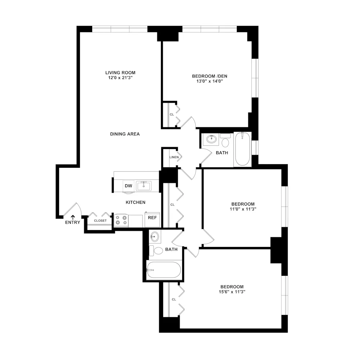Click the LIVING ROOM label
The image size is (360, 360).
(x=120, y=72)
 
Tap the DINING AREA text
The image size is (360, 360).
(x=125, y=134)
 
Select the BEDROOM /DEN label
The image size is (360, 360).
(x=210, y=76)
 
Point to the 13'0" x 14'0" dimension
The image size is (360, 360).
(x=210, y=81)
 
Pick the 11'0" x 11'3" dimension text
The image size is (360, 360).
(x=243, y=209)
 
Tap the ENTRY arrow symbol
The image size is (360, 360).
(x=73, y=217)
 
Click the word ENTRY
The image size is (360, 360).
(x=73, y=222)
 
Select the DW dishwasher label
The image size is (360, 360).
(x=128, y=186)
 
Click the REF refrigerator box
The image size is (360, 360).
(x=153, y=218)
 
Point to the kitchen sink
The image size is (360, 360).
(x=144, y=185)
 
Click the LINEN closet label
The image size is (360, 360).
(x=174, y=157)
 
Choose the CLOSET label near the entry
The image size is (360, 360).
(x=100, y=221)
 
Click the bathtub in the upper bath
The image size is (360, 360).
(x=242, y=149)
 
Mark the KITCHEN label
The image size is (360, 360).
(x=135, y=202)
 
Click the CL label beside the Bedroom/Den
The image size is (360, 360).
(x=172, y=114)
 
